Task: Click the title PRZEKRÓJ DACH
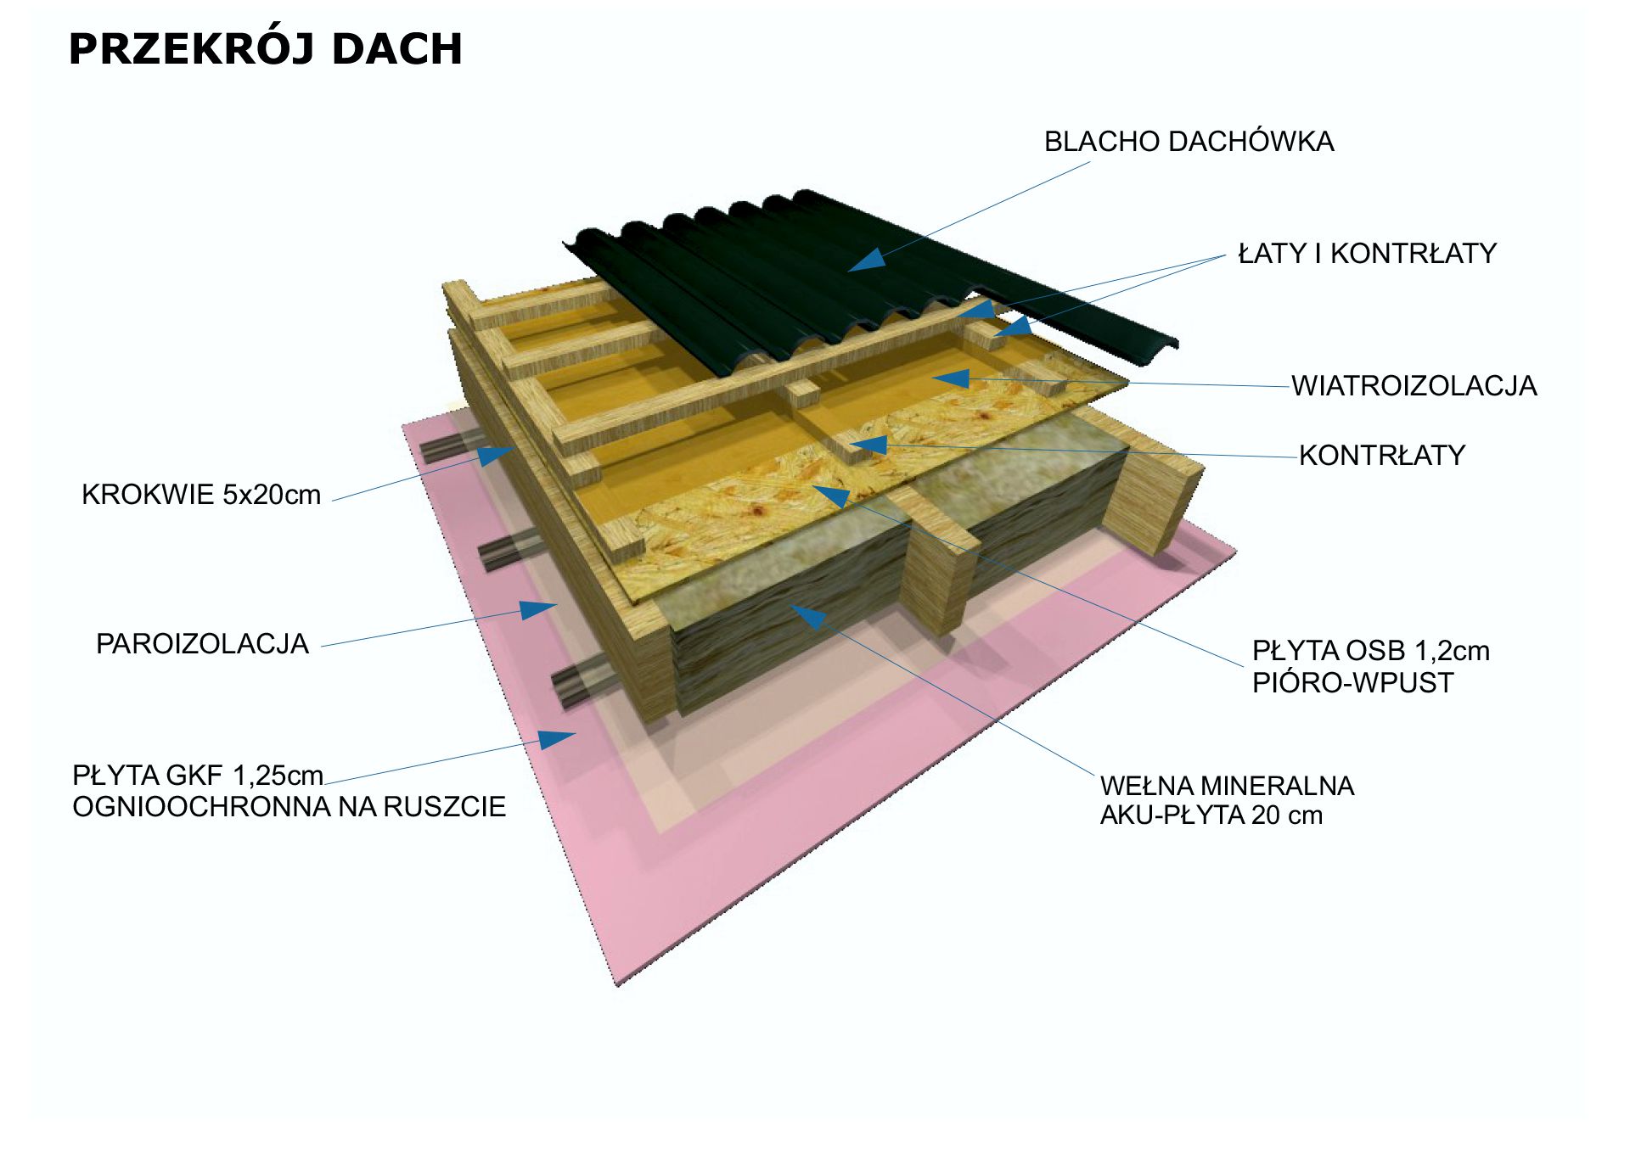pyautogui.click(x=265, y=49)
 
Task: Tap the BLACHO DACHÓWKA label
pyautogui.click(x=1189, y=142)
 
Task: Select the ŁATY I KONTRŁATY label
pyautogui.click(x=1367, y=254)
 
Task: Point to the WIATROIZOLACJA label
pyautogui.click(x=1414, y=386)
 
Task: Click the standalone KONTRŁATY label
pyautogui.click(x=1382, y=456)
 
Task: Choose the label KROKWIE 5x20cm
pyautogui.click(x=201, y=495)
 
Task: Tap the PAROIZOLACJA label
pyautogui.click(x=202, y=644)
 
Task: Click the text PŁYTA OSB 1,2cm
pyautogui.click(x=1370, y=651)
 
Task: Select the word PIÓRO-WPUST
pyautogui.click(x=1352, y=683)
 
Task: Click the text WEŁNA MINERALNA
pyautogui.click(x=1227, y=786)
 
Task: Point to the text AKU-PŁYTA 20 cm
pyautogui.click(x=1211, y=815)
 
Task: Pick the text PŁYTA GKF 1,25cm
pyautogui.click(x=198, y=776)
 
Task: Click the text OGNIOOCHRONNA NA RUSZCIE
pyautogui.click(x=289, y=807)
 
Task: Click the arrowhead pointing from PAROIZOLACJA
pyautogui.click(x=538, y=609)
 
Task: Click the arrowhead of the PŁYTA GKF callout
pyautogui.click(x=558, y=738)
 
